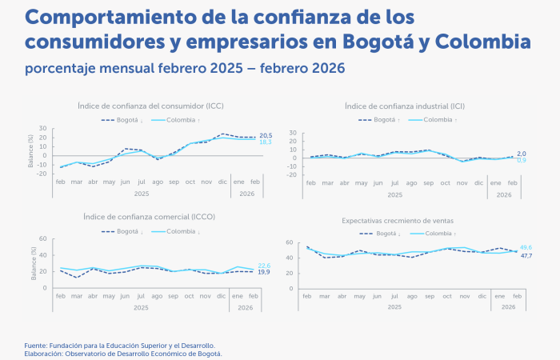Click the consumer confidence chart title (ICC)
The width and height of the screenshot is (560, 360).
click(151, 106)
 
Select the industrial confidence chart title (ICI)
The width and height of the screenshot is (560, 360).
click(406, 106)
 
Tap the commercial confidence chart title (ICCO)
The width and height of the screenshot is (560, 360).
click(149, 216)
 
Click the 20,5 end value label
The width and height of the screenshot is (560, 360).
click(266, 136)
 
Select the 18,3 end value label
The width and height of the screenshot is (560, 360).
click(266, 142)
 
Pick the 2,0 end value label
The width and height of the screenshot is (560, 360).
click(521, 153)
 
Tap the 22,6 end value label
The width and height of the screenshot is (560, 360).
click(264, 265)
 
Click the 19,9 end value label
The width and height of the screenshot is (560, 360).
click(264, 272)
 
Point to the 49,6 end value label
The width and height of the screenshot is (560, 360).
click(526, 248)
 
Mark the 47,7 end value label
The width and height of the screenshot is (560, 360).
click(526, 255)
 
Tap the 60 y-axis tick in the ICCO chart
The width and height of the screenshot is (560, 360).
click(45, 239)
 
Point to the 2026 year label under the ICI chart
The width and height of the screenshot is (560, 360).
click(502, 194)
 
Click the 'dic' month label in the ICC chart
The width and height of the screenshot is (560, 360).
click(222, 182)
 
